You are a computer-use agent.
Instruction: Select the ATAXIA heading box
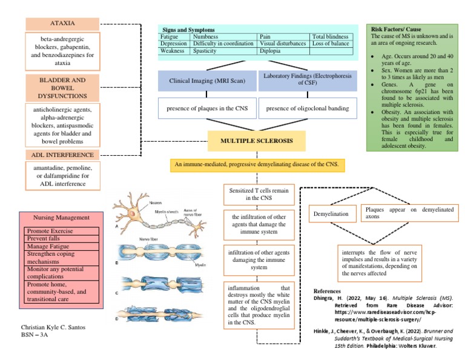(62, 23)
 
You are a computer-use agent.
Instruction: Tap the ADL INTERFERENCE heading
(62, 155)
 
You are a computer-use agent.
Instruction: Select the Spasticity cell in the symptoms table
(224, 52)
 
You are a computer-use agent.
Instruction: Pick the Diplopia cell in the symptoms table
(283, 52)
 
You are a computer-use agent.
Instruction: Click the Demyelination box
(331, 215)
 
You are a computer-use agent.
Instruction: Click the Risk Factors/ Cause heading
(396, 29)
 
